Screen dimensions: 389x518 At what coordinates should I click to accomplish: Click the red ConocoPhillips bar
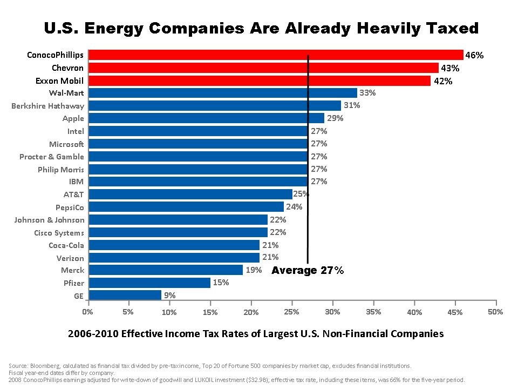[x=275, y=55]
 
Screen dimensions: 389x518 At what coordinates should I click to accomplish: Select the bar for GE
[x=125, y=295]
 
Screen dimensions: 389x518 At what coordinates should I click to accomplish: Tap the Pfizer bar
[x=149, y=283]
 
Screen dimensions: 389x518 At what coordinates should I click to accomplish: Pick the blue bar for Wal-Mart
[x=222, y=93]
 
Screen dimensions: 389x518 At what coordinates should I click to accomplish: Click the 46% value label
[x=474, y=55]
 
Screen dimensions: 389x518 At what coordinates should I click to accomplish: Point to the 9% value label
[x=170, y=296]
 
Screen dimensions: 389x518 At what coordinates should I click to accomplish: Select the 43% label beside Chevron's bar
[x=450, y=68]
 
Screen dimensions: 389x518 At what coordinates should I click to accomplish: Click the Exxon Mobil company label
[x=60, y=81]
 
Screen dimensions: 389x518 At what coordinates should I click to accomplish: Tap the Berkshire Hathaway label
[x=47, y=106]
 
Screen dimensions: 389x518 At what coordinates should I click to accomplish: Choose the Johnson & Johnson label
[x=49, y=220]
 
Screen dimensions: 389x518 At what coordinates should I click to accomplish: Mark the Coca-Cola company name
[x=66, y=245]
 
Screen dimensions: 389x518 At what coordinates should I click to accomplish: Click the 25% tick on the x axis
[x=291, y=312]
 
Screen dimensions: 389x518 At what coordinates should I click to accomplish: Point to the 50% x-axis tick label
[x=495, y=312]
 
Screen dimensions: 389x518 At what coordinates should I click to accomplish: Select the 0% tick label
[x=87, y=312]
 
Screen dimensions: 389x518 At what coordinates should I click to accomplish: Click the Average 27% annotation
[x=307, y=270]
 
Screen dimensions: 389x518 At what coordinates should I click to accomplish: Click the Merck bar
[x=165, y=270]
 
